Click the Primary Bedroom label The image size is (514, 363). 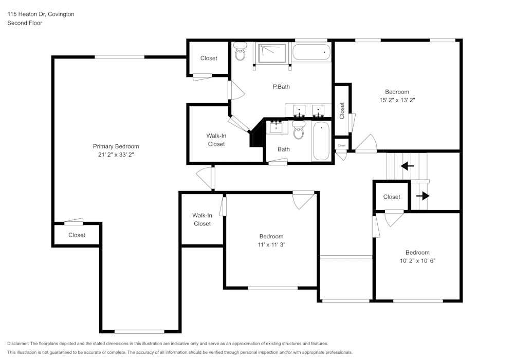(116, 146)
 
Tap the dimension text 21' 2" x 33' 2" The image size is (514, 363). (116, 155)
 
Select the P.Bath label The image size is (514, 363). (281, 87)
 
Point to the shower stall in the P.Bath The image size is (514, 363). (272, 53)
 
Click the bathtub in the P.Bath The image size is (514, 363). (311, 52)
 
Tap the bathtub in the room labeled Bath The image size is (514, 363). (321, 141)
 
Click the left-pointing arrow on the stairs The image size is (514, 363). (407, 166)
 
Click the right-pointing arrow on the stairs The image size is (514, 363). (422, 196)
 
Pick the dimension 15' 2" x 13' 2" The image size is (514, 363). (396, 101)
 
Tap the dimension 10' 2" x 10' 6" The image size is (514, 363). (417, 261)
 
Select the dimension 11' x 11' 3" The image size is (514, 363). (271, 245)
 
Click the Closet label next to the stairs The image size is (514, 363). (391, 197)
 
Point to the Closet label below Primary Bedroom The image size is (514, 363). (77, 235)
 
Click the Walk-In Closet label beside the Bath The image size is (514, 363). (216, 140)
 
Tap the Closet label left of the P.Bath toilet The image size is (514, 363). (209, 59)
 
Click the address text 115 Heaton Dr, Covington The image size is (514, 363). (41, 14)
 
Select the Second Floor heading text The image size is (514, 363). (25, 23)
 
